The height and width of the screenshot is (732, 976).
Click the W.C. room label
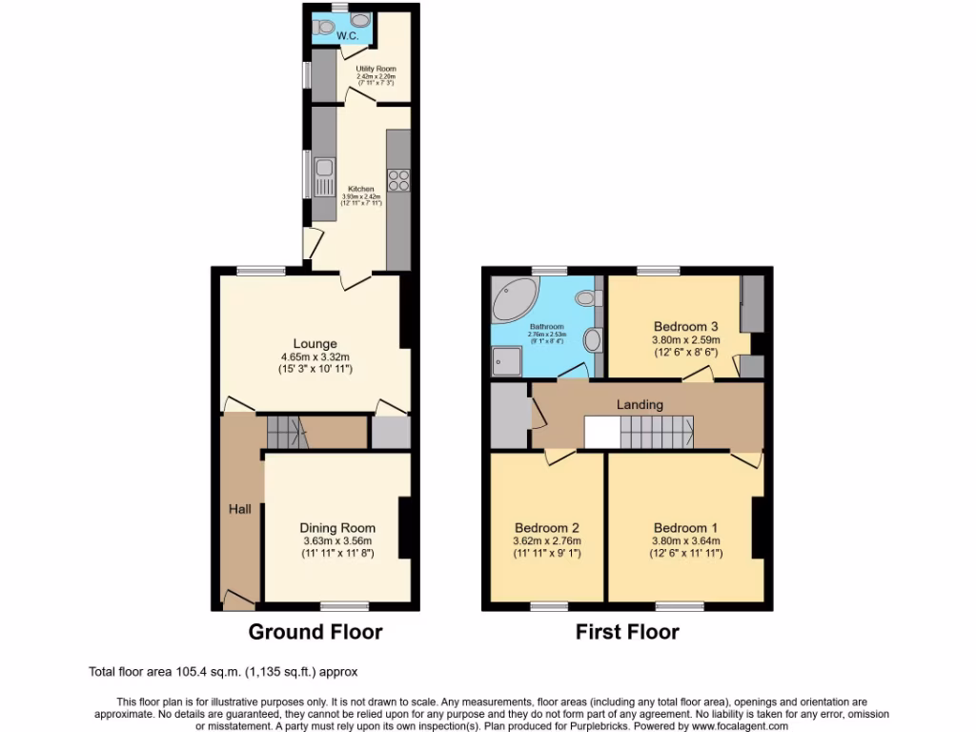coord(346,35)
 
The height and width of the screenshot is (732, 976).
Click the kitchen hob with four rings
coord(397,180)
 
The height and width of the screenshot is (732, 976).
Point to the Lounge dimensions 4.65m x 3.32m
coord(315,359)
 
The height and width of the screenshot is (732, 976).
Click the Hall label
coord(239,510)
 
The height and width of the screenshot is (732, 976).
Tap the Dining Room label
coord(337,528)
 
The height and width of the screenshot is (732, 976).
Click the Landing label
coord(640,404)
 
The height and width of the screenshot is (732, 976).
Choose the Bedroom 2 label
coord(547,528)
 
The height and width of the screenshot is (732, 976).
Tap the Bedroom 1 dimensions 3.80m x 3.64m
coord(686,540)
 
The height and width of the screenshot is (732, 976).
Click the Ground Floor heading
coord(315,632)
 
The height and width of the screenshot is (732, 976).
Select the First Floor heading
coord(627,632)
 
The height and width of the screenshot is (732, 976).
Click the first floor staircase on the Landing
coord(657,434)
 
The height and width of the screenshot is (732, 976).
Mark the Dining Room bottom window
coord(339,605)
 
